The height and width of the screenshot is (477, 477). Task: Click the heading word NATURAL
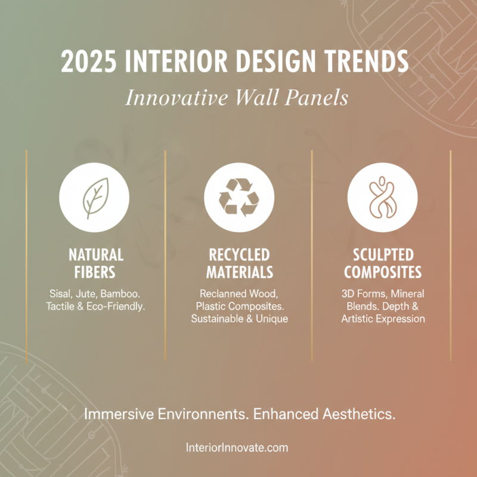95,255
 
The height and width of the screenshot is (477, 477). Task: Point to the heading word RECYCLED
239,255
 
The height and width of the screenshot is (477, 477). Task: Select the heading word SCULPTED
382,255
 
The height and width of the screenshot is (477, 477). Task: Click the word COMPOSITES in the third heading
382,272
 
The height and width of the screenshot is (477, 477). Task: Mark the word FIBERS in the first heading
95,272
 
